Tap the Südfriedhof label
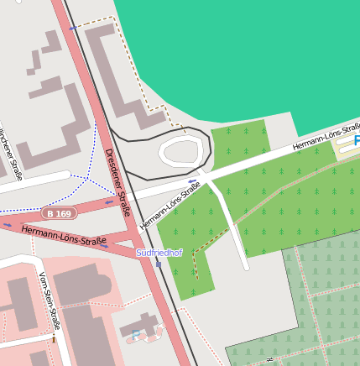(159, 253)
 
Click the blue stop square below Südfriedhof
(158, 264)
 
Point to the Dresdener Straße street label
(117, 181)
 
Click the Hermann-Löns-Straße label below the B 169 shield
(64, 236)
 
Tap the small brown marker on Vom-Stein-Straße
(53, 339)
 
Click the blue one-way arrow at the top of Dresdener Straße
(73, 29)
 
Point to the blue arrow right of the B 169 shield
(109, 201)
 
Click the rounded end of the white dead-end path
(245, 267)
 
